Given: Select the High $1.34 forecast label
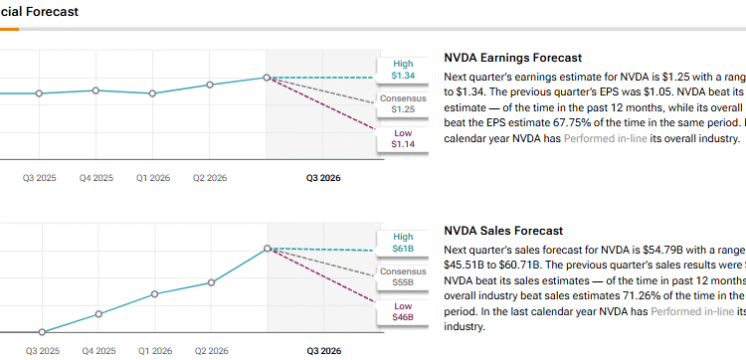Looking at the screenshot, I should (402, 69).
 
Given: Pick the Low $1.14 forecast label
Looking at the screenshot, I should (402, 138).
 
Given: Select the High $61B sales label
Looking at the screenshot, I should (402, 243).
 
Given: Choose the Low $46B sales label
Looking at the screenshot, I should (402, 311).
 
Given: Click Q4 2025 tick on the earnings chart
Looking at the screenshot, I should (96, 179).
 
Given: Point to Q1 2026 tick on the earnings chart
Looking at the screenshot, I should (152, 179).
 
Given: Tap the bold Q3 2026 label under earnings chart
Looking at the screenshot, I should (325, 179).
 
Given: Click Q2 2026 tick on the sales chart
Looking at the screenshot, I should (210, 351).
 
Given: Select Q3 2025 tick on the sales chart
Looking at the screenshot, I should (41, 351).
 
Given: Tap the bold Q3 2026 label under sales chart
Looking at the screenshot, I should (325, 351).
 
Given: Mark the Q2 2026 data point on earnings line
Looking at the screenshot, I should (210, 86).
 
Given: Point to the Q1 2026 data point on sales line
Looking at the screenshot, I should (153, 294).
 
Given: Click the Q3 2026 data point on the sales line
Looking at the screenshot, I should (267, 249).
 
